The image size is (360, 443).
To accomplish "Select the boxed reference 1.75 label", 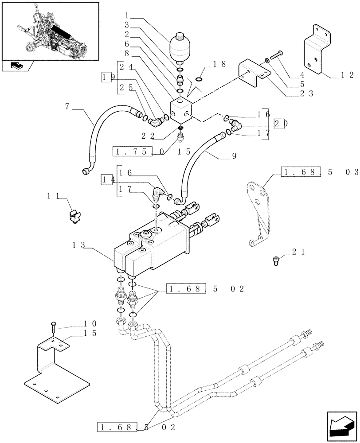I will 133,152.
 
